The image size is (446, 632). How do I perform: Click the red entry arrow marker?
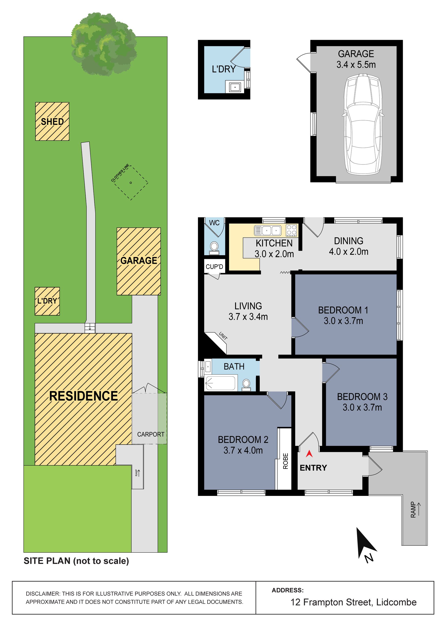(309, 454)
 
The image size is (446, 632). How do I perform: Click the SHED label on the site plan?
(52, 122)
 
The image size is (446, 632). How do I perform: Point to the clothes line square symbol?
(131, 183)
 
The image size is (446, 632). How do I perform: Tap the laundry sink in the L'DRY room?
(235, 87)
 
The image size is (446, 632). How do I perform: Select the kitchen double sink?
(267, 230)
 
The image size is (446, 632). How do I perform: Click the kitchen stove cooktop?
(292, 230)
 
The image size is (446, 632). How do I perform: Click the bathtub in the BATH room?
(220, 383)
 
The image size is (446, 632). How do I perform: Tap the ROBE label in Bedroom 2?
(285, 461)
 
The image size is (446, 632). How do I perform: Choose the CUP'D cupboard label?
(214, 267)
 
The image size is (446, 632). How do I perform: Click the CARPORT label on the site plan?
(151, 434)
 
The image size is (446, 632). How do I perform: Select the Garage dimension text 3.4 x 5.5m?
(356, 65)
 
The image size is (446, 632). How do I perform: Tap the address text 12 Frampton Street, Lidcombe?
(354, 602)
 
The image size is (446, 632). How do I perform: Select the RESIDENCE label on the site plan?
(84, 396)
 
